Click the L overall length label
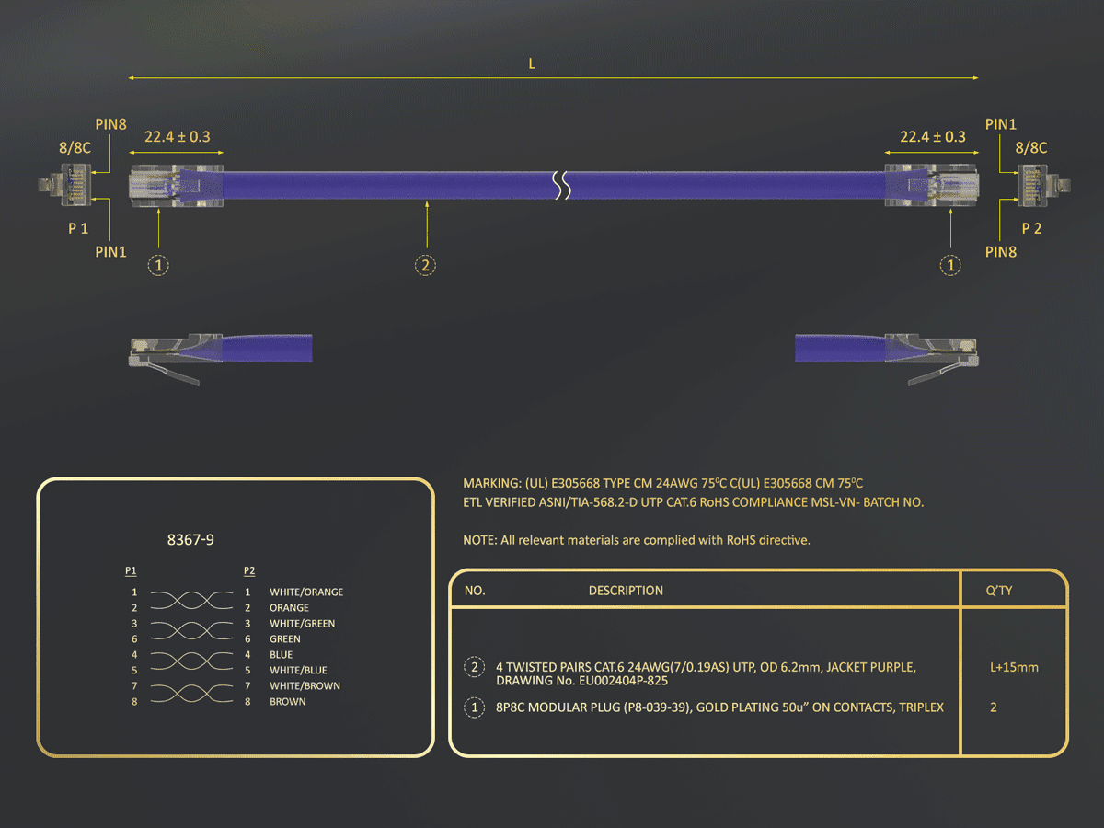pos(532,63)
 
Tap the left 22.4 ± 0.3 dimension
pos(177,137)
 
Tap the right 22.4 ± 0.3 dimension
pos(933,137)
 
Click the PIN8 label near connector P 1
pos(110,124)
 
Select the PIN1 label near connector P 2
pos(1000,124)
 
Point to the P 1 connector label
pos(78,229)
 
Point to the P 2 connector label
pos(1031,229)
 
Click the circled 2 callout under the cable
pos(425,265)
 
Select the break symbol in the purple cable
pos(562,185)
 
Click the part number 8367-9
pos(190,540)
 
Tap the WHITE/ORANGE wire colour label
pos(306,592)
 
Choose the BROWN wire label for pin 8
pos(288,702)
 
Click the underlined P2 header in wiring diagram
pos(249,571)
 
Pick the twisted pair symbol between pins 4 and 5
pos(191,661)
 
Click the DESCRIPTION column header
pos(626,591)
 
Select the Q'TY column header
pos(999,591)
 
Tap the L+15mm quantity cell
pos(1014,668)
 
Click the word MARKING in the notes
pos(492,484)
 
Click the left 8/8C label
pos(75,148)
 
